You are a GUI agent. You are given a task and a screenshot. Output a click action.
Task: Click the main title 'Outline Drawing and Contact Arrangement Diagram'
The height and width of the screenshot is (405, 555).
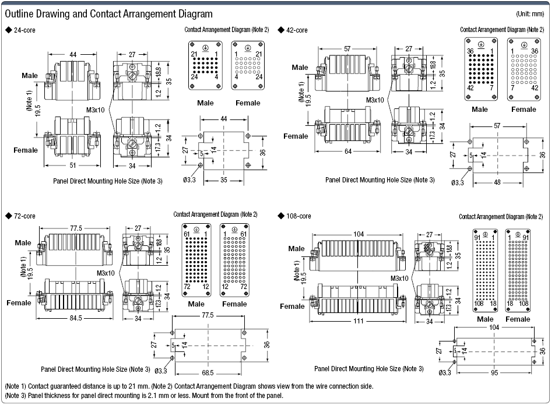108,13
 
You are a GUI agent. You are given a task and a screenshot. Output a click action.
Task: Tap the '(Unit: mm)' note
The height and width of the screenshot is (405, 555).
531,14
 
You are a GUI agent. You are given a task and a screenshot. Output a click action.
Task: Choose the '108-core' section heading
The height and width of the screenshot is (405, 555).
298,216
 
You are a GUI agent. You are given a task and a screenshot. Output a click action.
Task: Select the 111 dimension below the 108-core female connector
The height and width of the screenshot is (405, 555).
359,321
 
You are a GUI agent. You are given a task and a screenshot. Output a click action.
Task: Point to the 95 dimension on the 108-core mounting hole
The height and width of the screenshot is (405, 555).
494,373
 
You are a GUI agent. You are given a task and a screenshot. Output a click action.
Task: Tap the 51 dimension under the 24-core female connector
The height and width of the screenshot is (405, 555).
73,165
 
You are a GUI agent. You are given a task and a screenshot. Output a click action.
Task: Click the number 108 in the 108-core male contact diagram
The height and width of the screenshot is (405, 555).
479,304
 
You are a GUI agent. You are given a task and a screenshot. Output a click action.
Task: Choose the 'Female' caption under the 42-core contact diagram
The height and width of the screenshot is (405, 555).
524,110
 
